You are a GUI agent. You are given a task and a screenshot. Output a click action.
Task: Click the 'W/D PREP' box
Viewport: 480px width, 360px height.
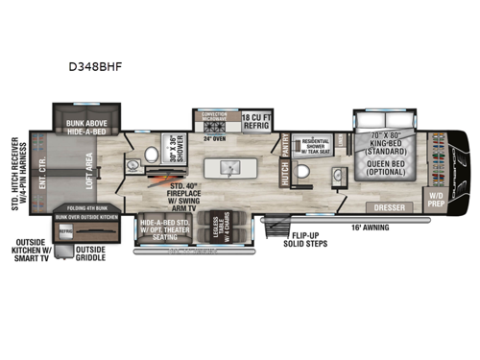pyautogui.click(x=436, y=202)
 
